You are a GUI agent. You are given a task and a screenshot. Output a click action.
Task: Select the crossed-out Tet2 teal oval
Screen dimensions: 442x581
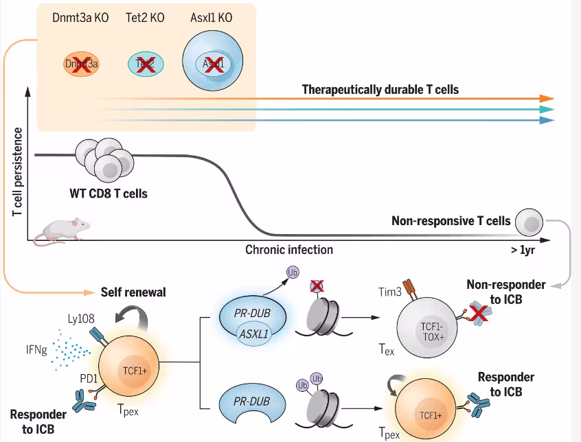point(146,65)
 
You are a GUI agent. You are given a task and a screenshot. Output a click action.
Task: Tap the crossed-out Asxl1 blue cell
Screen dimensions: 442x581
point(214,65)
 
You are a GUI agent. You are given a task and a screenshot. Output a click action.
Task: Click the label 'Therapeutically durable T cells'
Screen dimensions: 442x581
point(380,89)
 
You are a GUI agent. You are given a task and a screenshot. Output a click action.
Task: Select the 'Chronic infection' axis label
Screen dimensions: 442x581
point(289,249)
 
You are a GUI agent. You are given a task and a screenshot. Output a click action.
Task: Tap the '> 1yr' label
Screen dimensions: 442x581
point(524,250)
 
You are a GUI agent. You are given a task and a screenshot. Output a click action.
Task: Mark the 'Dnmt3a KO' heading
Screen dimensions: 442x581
point(79,16)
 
